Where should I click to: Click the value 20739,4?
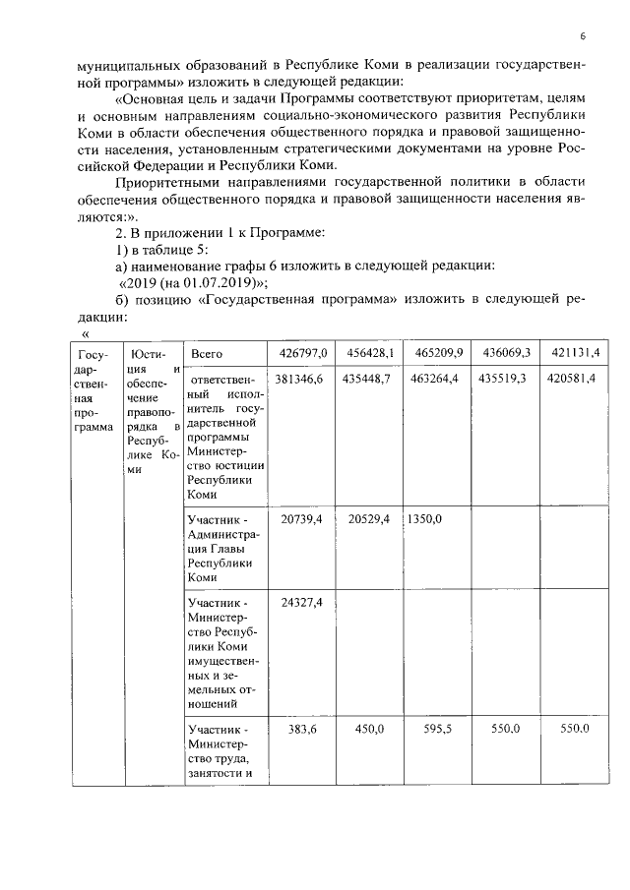tap(301, 518)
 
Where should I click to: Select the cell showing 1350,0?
tap(425, 518)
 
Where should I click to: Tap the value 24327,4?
tap(301, 602)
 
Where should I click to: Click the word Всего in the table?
tap(207, 353)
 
